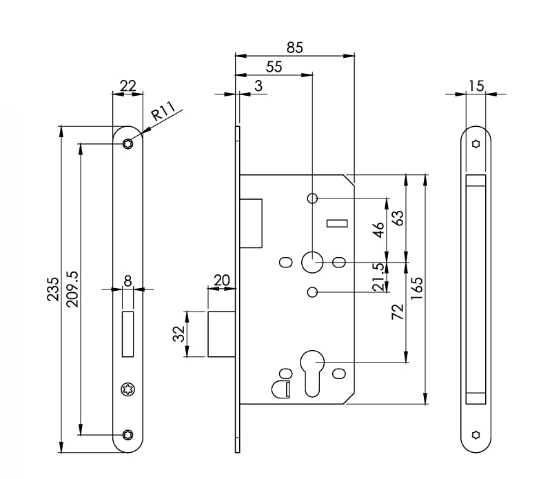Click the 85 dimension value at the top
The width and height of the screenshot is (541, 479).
294,47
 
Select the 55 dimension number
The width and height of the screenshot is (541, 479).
274,66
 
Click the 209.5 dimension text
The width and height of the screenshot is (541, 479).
71,289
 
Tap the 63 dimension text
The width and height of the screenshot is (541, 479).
398,218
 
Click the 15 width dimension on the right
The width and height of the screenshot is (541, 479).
476,85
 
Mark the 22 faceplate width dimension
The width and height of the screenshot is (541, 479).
127,85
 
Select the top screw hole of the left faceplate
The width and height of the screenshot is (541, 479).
127,143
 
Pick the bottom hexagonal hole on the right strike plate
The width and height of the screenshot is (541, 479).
476,434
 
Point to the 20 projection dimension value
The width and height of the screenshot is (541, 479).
222,280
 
